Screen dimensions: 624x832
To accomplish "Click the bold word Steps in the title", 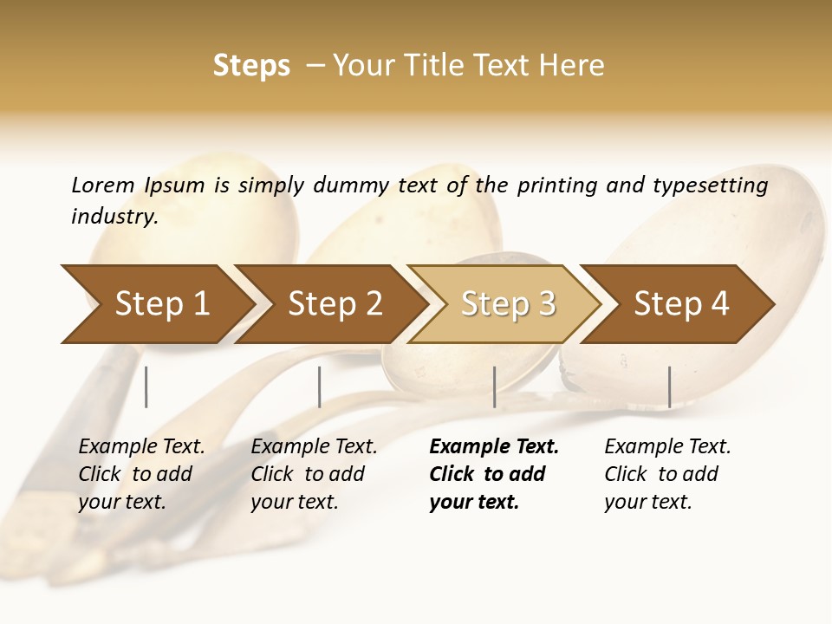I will [x=251, y=66].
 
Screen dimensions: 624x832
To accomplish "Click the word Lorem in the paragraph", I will [x=102, y=185].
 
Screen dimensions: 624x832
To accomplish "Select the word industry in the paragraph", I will [x=114, y=217].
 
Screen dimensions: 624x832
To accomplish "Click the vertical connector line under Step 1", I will [x=146, y=387].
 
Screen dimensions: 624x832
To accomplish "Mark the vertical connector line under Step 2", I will [x=320, y=387].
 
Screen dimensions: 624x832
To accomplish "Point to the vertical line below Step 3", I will [x=494, y=387].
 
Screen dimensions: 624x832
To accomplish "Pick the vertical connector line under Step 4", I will [x=669, y=387].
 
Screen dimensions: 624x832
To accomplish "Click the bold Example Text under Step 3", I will [x=493, y=474].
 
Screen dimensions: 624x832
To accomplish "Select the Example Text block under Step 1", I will [x=141, y=474].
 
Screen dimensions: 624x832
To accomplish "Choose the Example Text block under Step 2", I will [x=314, y=474].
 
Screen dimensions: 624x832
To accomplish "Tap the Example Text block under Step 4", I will [x=667, y=474].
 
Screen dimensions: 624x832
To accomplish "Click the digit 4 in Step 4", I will [x=719, y=304].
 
